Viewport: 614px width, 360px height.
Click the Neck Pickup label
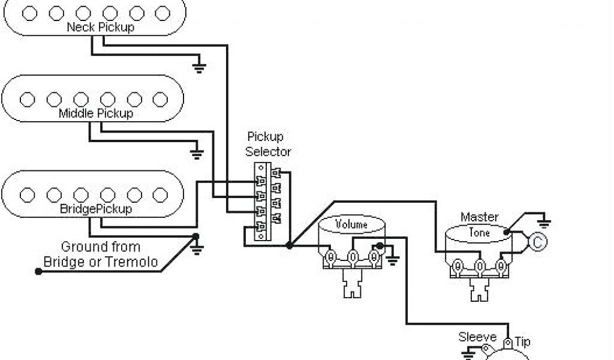[x=100, y=27]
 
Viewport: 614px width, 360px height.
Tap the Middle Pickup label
[x=96, y=113]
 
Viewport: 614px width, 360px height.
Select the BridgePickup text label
[x=96, y=209]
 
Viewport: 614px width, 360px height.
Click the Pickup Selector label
[x=268, y=144]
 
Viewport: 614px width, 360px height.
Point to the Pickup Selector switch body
[x=262, y=201]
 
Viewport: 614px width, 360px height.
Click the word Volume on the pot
[x=351, y=225]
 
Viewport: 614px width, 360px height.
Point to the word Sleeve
[x=477, y=337]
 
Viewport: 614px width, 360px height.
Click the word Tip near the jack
[x=522, y=341]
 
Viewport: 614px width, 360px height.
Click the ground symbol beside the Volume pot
[x=393, y=260]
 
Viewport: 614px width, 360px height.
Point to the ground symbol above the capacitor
[x=544, y=223]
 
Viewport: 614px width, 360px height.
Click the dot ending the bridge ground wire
[x=38, y=271]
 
